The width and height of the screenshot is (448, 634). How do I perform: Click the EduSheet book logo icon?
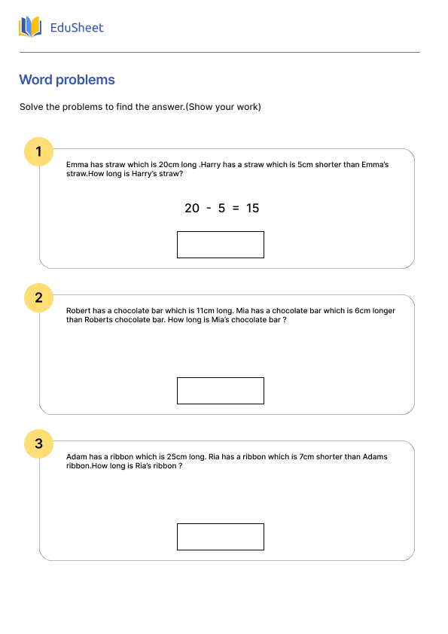[x=31, y=28]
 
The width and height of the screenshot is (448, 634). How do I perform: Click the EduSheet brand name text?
[x=77, y=28]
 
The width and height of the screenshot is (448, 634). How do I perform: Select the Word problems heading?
[x=67, y=80]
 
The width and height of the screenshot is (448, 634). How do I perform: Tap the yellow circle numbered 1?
[x=38, y=151]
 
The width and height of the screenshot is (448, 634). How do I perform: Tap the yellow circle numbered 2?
[x=38, y=297]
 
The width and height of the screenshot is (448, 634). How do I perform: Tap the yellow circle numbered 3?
[x=38, y=444]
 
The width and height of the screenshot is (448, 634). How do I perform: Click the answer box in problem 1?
[x=220, y=245]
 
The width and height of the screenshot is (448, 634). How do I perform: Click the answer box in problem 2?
[x=220, y=391]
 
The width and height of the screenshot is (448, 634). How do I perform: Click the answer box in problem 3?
[x=220, y=537]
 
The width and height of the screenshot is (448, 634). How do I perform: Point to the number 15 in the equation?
[x=252, y=209]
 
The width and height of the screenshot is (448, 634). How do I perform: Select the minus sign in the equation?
[x=209, y=209]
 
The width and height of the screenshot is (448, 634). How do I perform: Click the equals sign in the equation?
[x=236, y=209]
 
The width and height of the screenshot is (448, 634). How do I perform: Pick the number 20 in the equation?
[x=192, y=209]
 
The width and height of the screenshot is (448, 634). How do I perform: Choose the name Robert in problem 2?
[x=79, y=310]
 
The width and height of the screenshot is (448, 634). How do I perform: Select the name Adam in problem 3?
[x=77, y=456]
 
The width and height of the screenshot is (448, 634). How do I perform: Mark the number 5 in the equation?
[x=222, y=209]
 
